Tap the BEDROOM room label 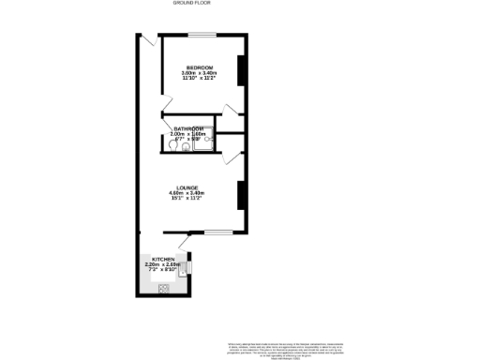coord(200,67)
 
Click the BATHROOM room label coord(187,128)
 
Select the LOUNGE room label coord(187,187)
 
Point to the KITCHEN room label coord(162,259)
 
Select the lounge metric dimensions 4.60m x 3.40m coord(187,193)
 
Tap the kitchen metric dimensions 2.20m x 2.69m coord(162,264)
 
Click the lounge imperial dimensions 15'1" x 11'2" coord(187,199)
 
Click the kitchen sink coord(185,269)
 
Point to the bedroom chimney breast coord(242,71)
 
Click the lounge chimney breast coord(242,193)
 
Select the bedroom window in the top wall coord(202,36)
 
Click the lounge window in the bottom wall coord(217,232)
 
